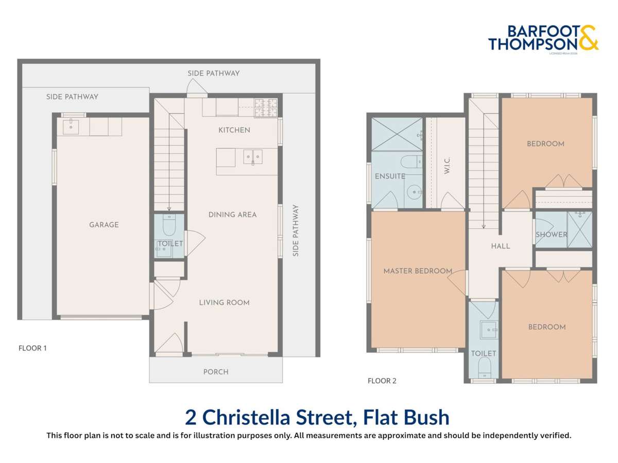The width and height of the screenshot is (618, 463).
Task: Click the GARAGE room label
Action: pos(104,225)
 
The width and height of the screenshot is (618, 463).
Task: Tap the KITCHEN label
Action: pos(234,130)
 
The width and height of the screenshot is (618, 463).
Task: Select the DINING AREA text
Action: pos(232,215)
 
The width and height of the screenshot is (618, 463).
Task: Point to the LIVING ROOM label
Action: pos(224,302)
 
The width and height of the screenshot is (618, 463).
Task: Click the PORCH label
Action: pos(216,372)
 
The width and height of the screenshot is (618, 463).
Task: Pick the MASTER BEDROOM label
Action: pos(418,271)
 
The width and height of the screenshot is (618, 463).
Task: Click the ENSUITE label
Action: pos(390,176)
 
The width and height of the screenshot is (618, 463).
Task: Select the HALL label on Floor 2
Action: pos(500,246)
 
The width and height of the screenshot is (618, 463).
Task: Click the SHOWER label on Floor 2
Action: pos(551,235)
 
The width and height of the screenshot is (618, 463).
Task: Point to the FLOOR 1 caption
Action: pos(32,348)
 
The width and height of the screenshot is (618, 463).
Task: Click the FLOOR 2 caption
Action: pos(382,381)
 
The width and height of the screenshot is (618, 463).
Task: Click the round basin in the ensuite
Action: pos(414,192)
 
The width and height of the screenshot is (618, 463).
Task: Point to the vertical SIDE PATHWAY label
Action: pos(296,230)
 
